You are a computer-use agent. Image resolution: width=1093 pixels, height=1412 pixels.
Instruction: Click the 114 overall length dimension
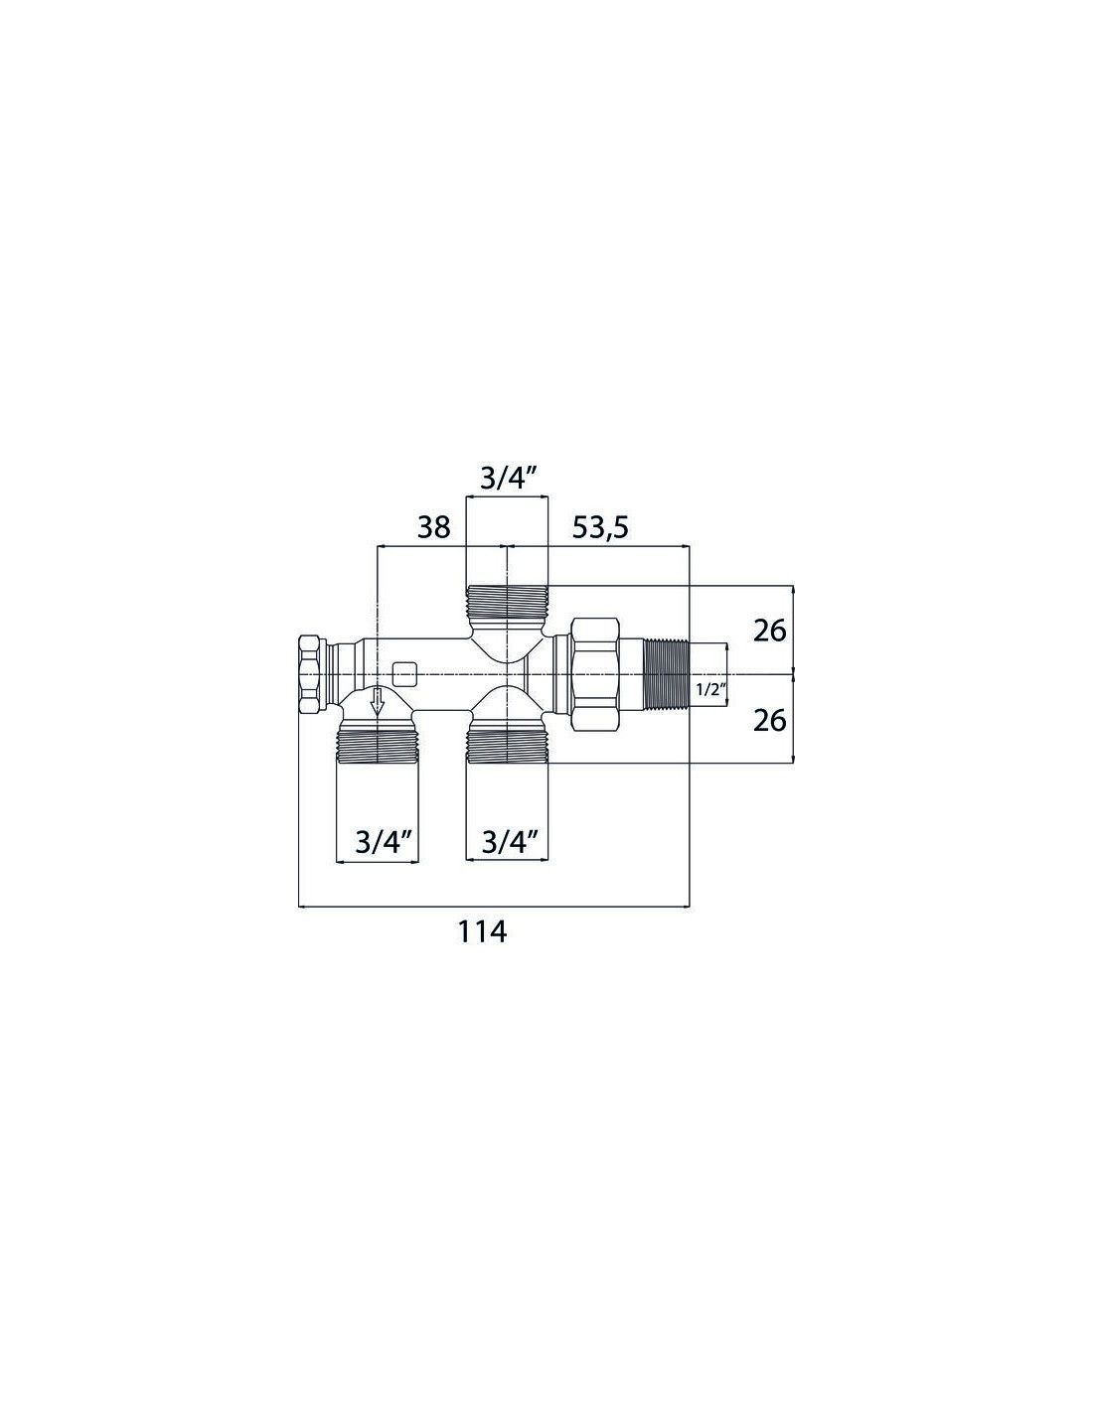coord(482,932)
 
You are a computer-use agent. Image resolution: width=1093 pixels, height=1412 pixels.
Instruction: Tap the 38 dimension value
coord(433,527)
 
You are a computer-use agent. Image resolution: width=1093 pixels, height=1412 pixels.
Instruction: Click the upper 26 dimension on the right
coord(769,631)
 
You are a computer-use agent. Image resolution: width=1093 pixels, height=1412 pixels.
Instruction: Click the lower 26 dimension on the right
coord(769,721)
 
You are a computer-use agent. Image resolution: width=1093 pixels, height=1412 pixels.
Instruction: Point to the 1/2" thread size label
coord(708,690)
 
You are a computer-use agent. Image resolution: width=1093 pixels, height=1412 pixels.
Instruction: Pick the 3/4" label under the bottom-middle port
coord(508,843)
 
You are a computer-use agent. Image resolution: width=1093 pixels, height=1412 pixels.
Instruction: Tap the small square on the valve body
coord(405,674)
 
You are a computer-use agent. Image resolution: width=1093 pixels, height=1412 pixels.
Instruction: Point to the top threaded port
coord(507,601)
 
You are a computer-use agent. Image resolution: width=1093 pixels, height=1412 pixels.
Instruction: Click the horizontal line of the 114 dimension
coord(494,906)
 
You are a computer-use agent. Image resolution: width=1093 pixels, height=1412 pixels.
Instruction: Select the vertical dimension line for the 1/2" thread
coord(727,674)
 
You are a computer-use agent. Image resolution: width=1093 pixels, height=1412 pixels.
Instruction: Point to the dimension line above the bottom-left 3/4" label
coord(378,862)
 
